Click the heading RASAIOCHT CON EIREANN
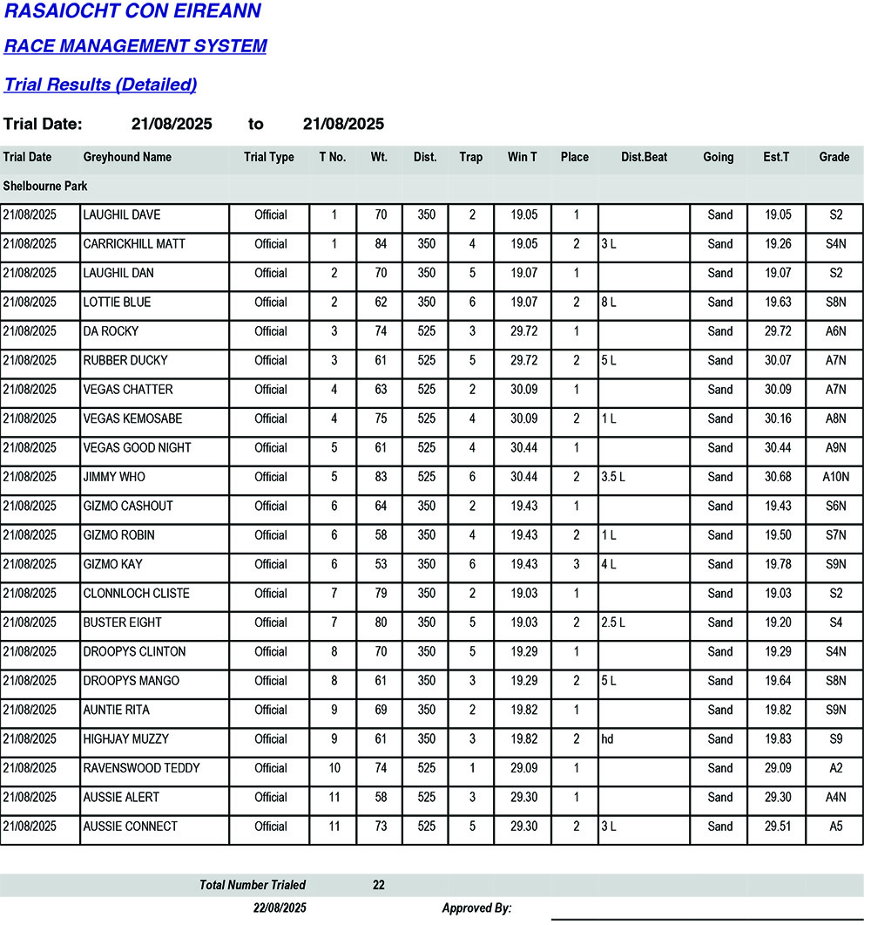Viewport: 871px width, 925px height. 132,11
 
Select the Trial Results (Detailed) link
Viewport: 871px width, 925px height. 100,85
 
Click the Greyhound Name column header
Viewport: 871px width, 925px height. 127,158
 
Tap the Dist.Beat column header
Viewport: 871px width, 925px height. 645,158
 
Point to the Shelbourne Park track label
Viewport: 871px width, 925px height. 45,187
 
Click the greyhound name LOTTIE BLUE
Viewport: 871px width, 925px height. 117,303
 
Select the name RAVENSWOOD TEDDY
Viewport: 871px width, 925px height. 141,768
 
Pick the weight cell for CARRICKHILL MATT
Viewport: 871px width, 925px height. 381,244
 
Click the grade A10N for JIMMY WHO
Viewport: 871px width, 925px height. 835,477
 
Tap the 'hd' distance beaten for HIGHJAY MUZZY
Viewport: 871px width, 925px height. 607,739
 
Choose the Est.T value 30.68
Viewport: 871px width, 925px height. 777,477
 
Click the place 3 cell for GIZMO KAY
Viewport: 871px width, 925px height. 575,564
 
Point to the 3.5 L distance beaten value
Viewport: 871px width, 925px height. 613,477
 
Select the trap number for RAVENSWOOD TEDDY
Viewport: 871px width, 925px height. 472,768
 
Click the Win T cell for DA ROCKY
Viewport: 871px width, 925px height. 523,331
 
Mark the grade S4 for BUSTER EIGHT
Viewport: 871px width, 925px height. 835,622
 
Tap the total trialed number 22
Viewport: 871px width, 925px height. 379,885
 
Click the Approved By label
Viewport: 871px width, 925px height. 476,908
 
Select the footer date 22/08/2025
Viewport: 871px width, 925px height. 280,908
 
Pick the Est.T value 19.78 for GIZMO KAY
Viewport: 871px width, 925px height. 777,564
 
